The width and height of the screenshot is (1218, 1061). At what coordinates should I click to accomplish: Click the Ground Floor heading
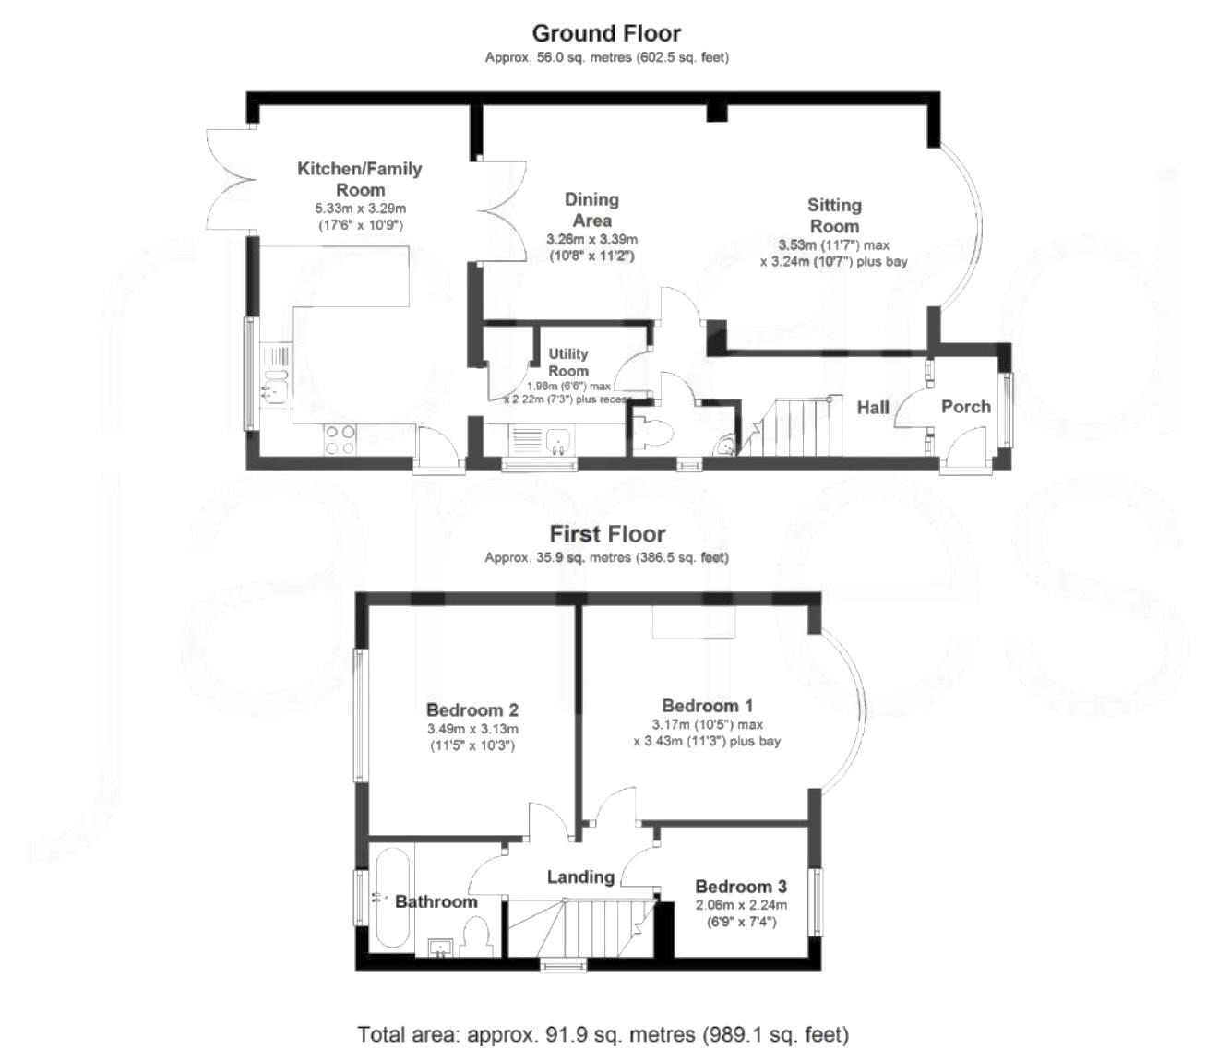pos(606,33)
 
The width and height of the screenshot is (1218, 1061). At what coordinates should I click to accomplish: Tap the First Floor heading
pos(606,534)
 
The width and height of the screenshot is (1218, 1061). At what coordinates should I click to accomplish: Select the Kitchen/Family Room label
pos(360,179)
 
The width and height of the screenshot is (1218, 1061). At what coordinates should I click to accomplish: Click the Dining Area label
pos(591,210)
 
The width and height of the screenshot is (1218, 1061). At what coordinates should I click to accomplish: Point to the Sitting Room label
pos(834,215)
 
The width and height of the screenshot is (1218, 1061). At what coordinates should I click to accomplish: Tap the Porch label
pos(965,407)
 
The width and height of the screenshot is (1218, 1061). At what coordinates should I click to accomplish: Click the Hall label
pos(873,407)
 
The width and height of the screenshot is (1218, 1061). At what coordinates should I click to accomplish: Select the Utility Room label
pos(567,362)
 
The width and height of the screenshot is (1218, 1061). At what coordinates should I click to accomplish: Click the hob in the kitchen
pos(340,439)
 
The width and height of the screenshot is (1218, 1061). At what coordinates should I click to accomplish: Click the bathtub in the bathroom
pos(391,901)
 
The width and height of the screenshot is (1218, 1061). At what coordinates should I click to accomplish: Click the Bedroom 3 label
pos(741,887)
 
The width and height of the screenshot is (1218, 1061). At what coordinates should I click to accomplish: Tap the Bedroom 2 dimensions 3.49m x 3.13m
pos(472,729)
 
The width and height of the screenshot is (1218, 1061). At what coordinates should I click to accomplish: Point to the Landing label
pos(580,877)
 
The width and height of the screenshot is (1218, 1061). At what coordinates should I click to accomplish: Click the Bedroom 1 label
pos(707,706)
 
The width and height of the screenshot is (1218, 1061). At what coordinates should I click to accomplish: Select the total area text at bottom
pos(603,1034)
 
